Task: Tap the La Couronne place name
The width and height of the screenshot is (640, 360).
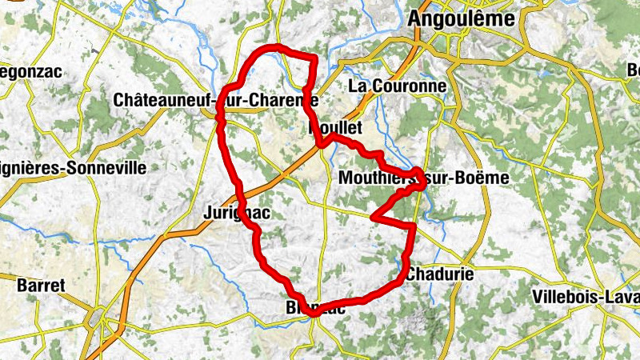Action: point(398,85)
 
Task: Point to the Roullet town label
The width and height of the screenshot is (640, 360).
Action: point(335,128)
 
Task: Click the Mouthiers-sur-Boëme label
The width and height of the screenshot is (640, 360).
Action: point(423,178)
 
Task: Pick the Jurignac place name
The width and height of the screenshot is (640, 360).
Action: point(235,213)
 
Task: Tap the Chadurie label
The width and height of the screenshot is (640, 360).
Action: point(439,274)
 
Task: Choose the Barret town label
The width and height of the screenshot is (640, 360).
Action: point(40,284)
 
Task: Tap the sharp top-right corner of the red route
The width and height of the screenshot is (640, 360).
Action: point(315,58)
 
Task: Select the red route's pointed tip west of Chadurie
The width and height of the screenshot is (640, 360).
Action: point(374,216)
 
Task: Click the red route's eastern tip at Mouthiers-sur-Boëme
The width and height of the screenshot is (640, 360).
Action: point(422,173)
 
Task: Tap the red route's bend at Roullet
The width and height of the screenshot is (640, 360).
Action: point(322,144)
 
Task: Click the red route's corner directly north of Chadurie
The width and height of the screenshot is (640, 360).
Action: point(413,228)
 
